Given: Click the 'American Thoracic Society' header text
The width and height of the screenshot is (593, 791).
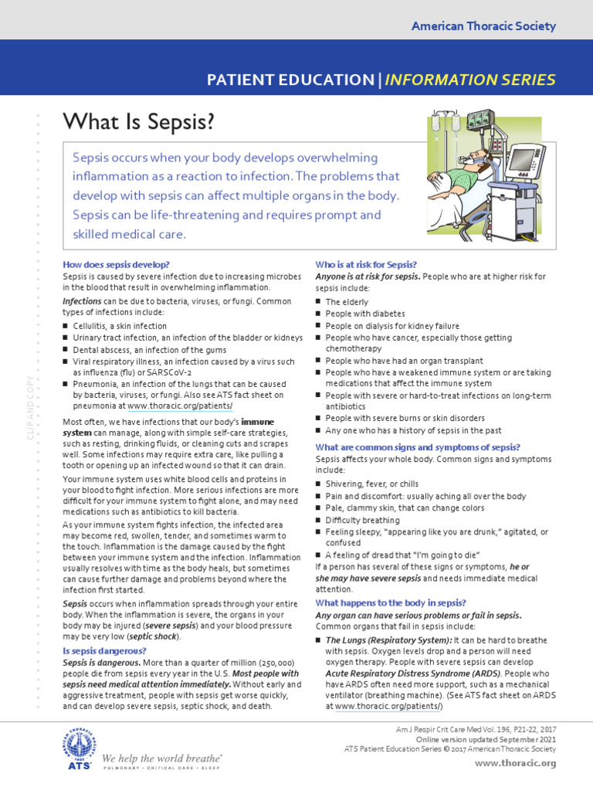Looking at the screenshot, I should click(483, 26).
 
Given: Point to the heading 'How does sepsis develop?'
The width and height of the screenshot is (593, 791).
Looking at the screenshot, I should click(115, 265).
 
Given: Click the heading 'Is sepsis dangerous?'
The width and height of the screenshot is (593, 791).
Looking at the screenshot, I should click(104, 651).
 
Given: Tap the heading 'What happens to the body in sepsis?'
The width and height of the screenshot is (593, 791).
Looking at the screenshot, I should click(390, 603).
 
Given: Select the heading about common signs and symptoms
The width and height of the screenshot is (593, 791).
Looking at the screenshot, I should click(418, 447).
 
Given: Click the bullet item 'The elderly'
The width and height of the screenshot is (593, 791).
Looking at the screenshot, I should click(347, 302).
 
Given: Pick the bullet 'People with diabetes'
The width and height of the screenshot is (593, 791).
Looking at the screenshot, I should click(365, 314).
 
